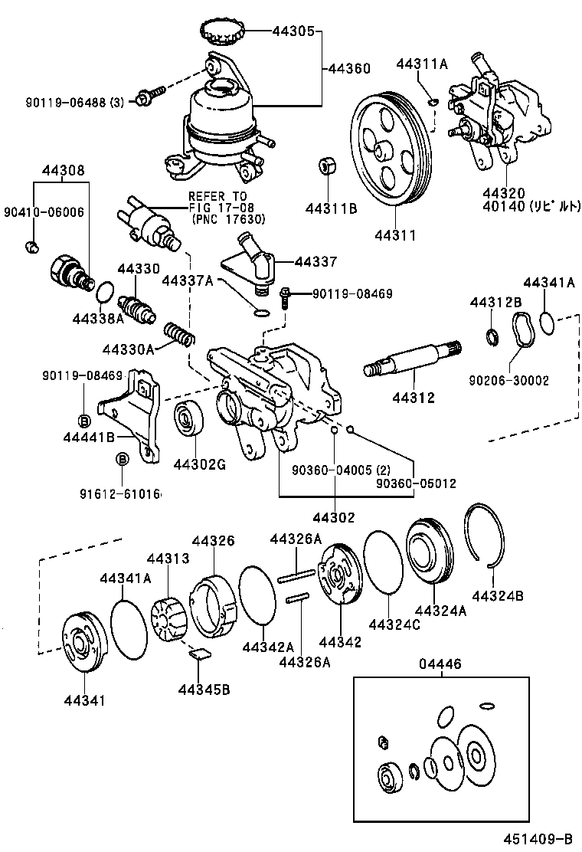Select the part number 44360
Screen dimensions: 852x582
click(x=349, y=68)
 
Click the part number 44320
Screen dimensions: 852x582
click(x=505, y=193)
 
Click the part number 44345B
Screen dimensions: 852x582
click(x=203, y=688)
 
